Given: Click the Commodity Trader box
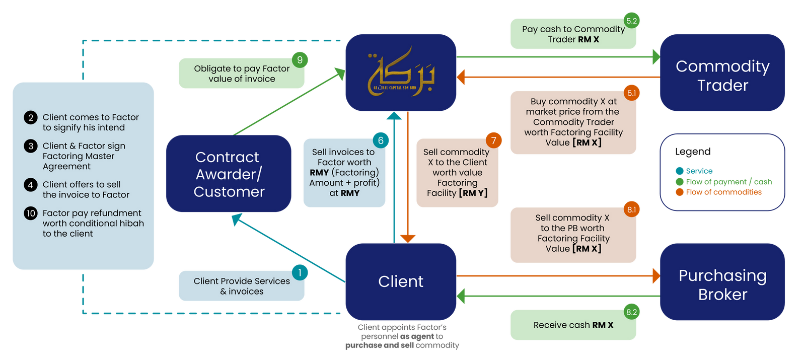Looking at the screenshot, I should pos(722,73).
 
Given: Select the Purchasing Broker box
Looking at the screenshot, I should pos(722,282).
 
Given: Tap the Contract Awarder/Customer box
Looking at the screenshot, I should pos(229,174).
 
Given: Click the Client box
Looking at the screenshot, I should pos(401,281).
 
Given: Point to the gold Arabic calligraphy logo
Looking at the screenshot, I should pos(401,73).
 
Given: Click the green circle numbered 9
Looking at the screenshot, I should pos(300,60).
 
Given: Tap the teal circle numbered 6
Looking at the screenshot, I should pos(381,140).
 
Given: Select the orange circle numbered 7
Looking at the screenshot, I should pos(493,140).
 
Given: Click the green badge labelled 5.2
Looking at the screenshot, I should pos(631,21).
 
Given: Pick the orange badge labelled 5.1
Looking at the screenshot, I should pos(631,93).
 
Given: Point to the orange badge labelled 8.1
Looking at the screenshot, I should pos(631,209).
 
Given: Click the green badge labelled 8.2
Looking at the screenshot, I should pos(631,312).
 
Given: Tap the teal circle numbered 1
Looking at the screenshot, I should pos(300,272).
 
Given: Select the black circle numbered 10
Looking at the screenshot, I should pos(31,213).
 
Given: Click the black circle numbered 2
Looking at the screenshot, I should pos(31,117).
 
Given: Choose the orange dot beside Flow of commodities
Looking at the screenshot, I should pos(680,192).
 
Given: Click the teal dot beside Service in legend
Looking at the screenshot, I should pos(680,171).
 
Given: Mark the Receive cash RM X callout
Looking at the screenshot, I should pos(573,325).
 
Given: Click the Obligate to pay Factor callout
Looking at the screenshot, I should pos(242,74).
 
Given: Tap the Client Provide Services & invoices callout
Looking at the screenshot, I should pos(242,286).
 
